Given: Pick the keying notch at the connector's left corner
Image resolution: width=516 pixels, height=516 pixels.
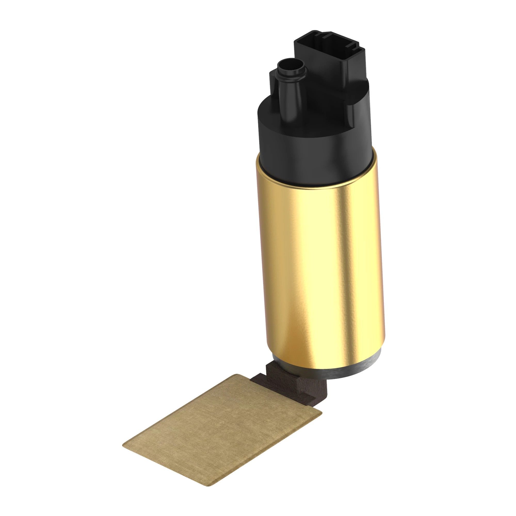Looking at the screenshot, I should (317, 34).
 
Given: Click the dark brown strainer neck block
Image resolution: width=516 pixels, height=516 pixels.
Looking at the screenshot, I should (294, 385).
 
